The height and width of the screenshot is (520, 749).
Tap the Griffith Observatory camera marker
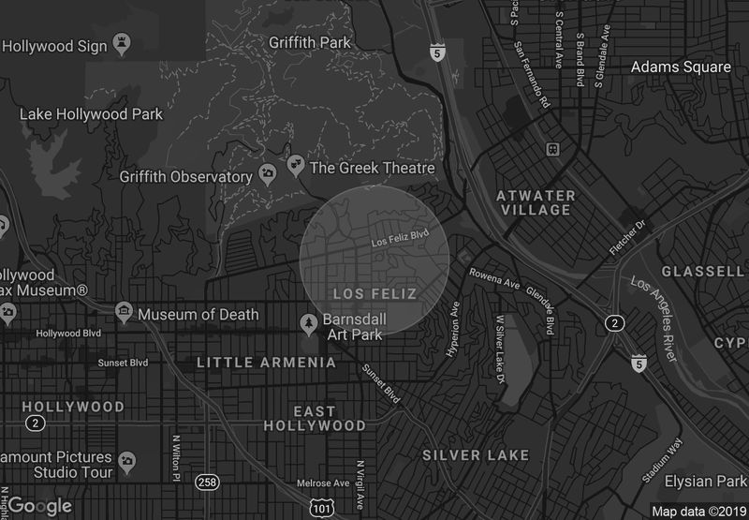click(268, 175)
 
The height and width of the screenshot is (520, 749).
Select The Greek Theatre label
click(372, 168)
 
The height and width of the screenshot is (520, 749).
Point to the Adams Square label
click(680, 67)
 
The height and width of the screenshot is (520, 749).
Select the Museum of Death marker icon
click(123, 314)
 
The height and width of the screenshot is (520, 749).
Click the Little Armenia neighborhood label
click(266, 362)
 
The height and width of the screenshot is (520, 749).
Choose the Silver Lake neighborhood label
click(476, 455)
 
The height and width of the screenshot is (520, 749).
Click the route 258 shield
click(208, 482)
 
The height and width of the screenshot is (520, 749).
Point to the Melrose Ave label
click(322, 483)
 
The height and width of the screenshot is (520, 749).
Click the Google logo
click(39, 506)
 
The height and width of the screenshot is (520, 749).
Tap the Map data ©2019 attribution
click(698, 511)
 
